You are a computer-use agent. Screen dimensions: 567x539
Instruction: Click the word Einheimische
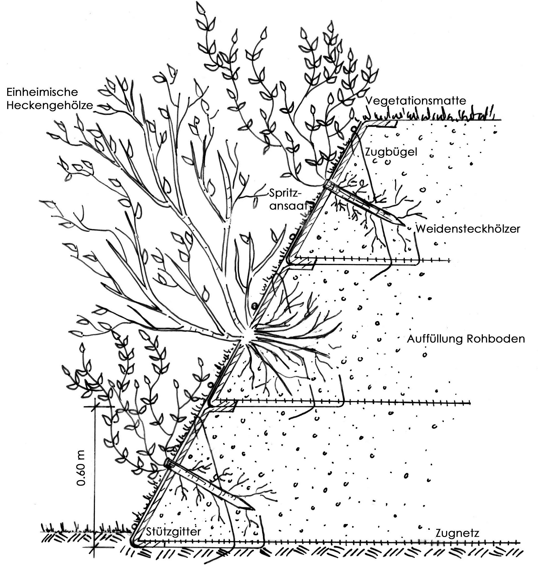click(42, 92)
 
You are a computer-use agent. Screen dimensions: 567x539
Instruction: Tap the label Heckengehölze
click(50, 105)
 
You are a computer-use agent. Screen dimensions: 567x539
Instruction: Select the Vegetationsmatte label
click(415, 101)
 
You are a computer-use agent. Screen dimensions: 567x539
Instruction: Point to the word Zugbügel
click(391, 152)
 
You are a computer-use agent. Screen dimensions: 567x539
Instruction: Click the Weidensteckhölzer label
click(468, 229)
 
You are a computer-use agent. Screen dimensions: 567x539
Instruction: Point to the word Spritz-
click(285, 193)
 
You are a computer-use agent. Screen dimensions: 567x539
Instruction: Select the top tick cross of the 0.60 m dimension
click(94, 406)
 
